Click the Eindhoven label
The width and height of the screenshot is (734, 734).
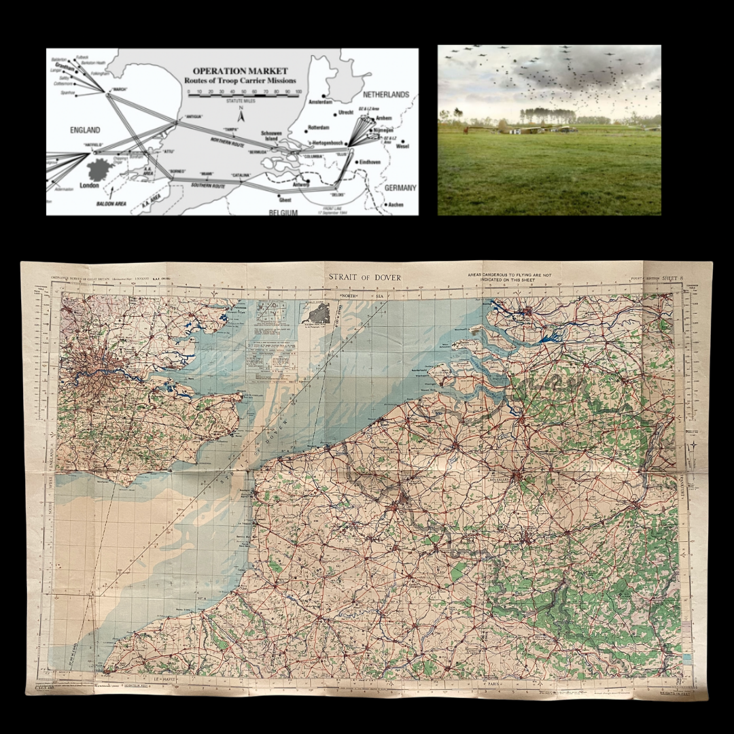[x=370, y=162]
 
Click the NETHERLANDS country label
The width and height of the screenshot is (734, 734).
[x=385, y=94]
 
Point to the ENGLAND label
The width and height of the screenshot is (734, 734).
[x=85, y=130]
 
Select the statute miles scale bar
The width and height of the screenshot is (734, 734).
[x=243, y=95]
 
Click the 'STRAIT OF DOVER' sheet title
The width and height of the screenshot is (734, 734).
[x=365, y=277]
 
